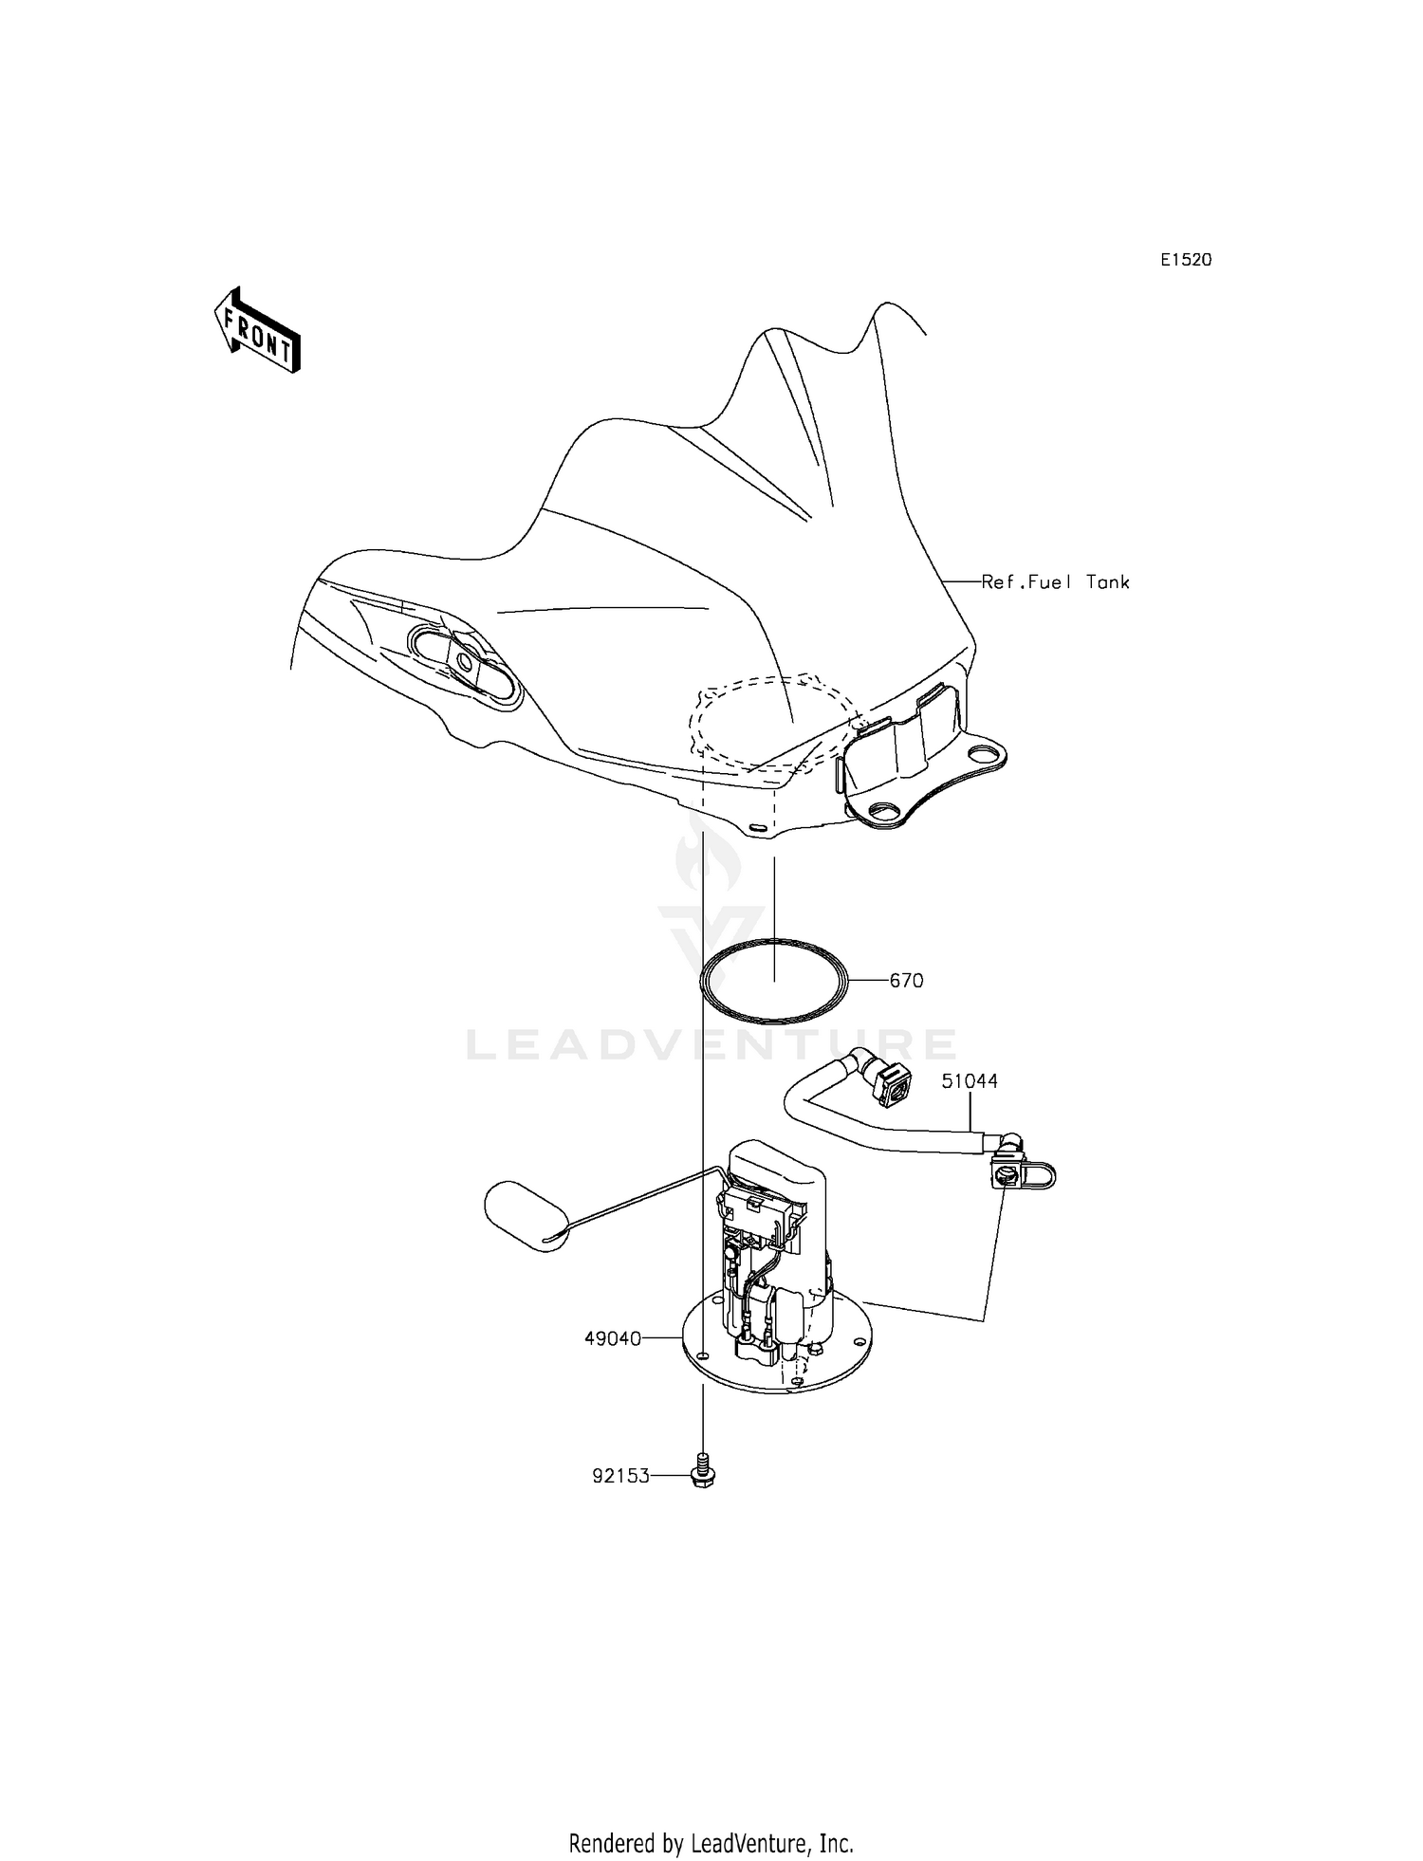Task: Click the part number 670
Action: coord(906,981)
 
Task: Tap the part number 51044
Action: coord(970,1081)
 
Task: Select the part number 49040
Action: coord(613,1338)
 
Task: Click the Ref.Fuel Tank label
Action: coord(1055,582)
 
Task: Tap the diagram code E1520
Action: coord(1186,260)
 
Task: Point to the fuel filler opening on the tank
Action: coord(466,661)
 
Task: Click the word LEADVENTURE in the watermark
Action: coord(711,1044)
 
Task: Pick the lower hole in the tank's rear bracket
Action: coord(885,811)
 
